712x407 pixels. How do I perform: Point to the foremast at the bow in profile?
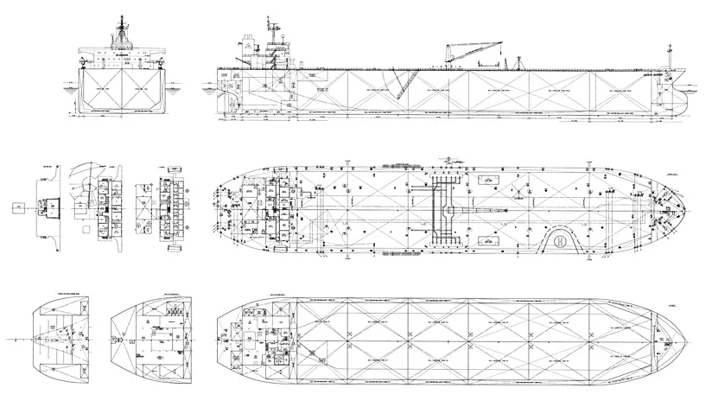click(x=670, y=57)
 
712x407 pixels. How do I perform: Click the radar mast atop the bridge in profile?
click(x=275, y=26)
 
